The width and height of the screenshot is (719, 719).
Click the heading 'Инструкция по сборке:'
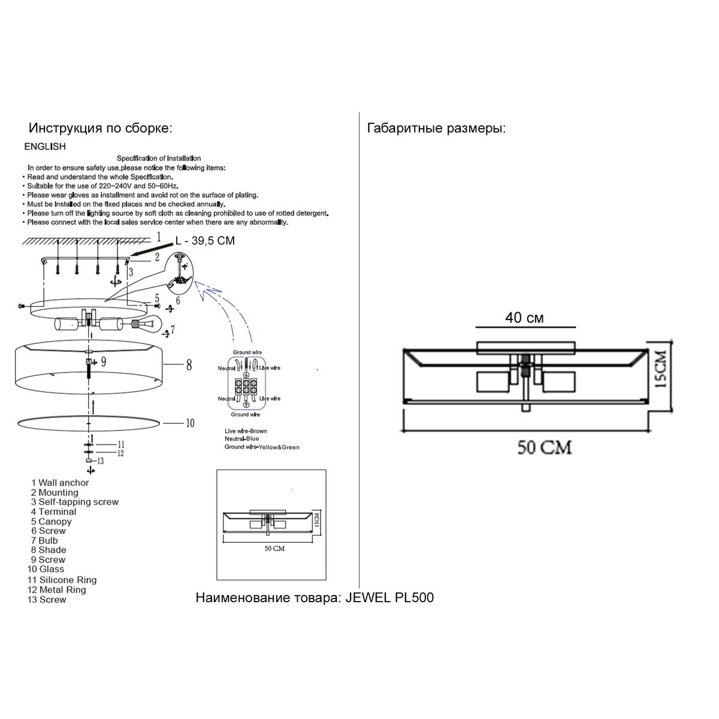[101, 128]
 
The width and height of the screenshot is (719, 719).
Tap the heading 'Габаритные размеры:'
[436, 128]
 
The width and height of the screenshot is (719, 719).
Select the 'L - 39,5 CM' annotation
[205, 241]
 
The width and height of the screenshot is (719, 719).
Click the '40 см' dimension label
[524, 318]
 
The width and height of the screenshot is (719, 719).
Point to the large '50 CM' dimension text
[545, 447]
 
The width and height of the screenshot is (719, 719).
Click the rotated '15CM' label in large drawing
[660, 369]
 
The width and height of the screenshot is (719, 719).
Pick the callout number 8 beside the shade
[189, 364]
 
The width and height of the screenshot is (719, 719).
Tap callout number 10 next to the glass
[189, 423]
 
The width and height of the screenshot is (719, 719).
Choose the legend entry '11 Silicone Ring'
[62, 580]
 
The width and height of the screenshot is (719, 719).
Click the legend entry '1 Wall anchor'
[60, 483]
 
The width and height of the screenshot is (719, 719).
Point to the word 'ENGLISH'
[45, 146]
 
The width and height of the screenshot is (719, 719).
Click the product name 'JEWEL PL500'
[390, 597]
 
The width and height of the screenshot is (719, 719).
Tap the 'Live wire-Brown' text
[246, 431]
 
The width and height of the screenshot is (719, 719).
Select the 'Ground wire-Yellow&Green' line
[262, 447]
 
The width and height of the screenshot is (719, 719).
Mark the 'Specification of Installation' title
[159, 158]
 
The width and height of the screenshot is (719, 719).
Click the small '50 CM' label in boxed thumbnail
[274, 548]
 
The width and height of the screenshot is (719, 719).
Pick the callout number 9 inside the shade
[103, 361]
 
